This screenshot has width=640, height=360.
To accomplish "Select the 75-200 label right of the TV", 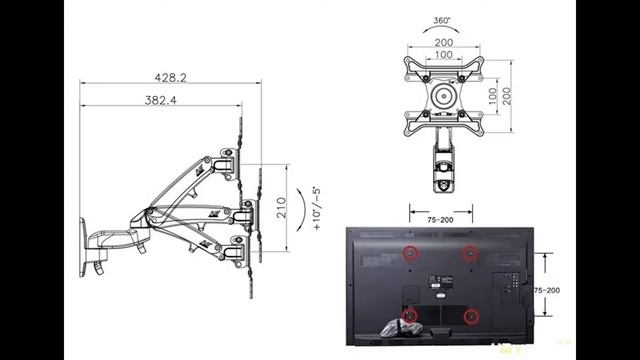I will tap(546, 288).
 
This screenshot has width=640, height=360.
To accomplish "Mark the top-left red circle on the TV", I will tap(409, 252).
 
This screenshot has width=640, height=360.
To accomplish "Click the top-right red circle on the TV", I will tap(471, 252).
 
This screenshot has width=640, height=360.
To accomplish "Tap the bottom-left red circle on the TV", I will tap(409, 317).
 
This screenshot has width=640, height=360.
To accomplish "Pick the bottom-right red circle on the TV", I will tap(471, 318).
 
